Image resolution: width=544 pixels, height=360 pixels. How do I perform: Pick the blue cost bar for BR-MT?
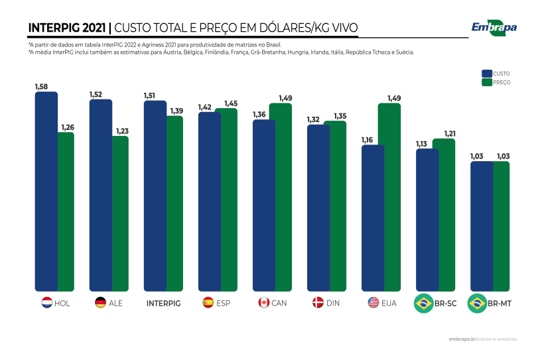point(482,226)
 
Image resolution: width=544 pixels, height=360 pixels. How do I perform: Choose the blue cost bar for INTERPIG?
point(155,196)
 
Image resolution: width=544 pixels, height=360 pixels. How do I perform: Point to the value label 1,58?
point(41,87)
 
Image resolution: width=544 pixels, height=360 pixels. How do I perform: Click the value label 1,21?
point(449,133)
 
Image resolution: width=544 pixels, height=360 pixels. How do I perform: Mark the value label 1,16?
point(367,140)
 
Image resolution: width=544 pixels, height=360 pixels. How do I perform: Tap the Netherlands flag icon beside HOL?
point(47,303)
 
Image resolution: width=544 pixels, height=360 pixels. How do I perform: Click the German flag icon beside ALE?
point(101,303)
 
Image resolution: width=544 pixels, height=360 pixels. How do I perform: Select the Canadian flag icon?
point(263,303)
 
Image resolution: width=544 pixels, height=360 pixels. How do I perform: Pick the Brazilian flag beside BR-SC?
point(423,304)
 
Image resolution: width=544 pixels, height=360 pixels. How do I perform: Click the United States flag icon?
point(373,303)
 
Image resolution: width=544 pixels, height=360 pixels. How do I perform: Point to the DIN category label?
point(333,303)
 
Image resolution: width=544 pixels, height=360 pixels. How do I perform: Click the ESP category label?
point(224,303)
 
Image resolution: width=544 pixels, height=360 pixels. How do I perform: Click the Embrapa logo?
point(494,27)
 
